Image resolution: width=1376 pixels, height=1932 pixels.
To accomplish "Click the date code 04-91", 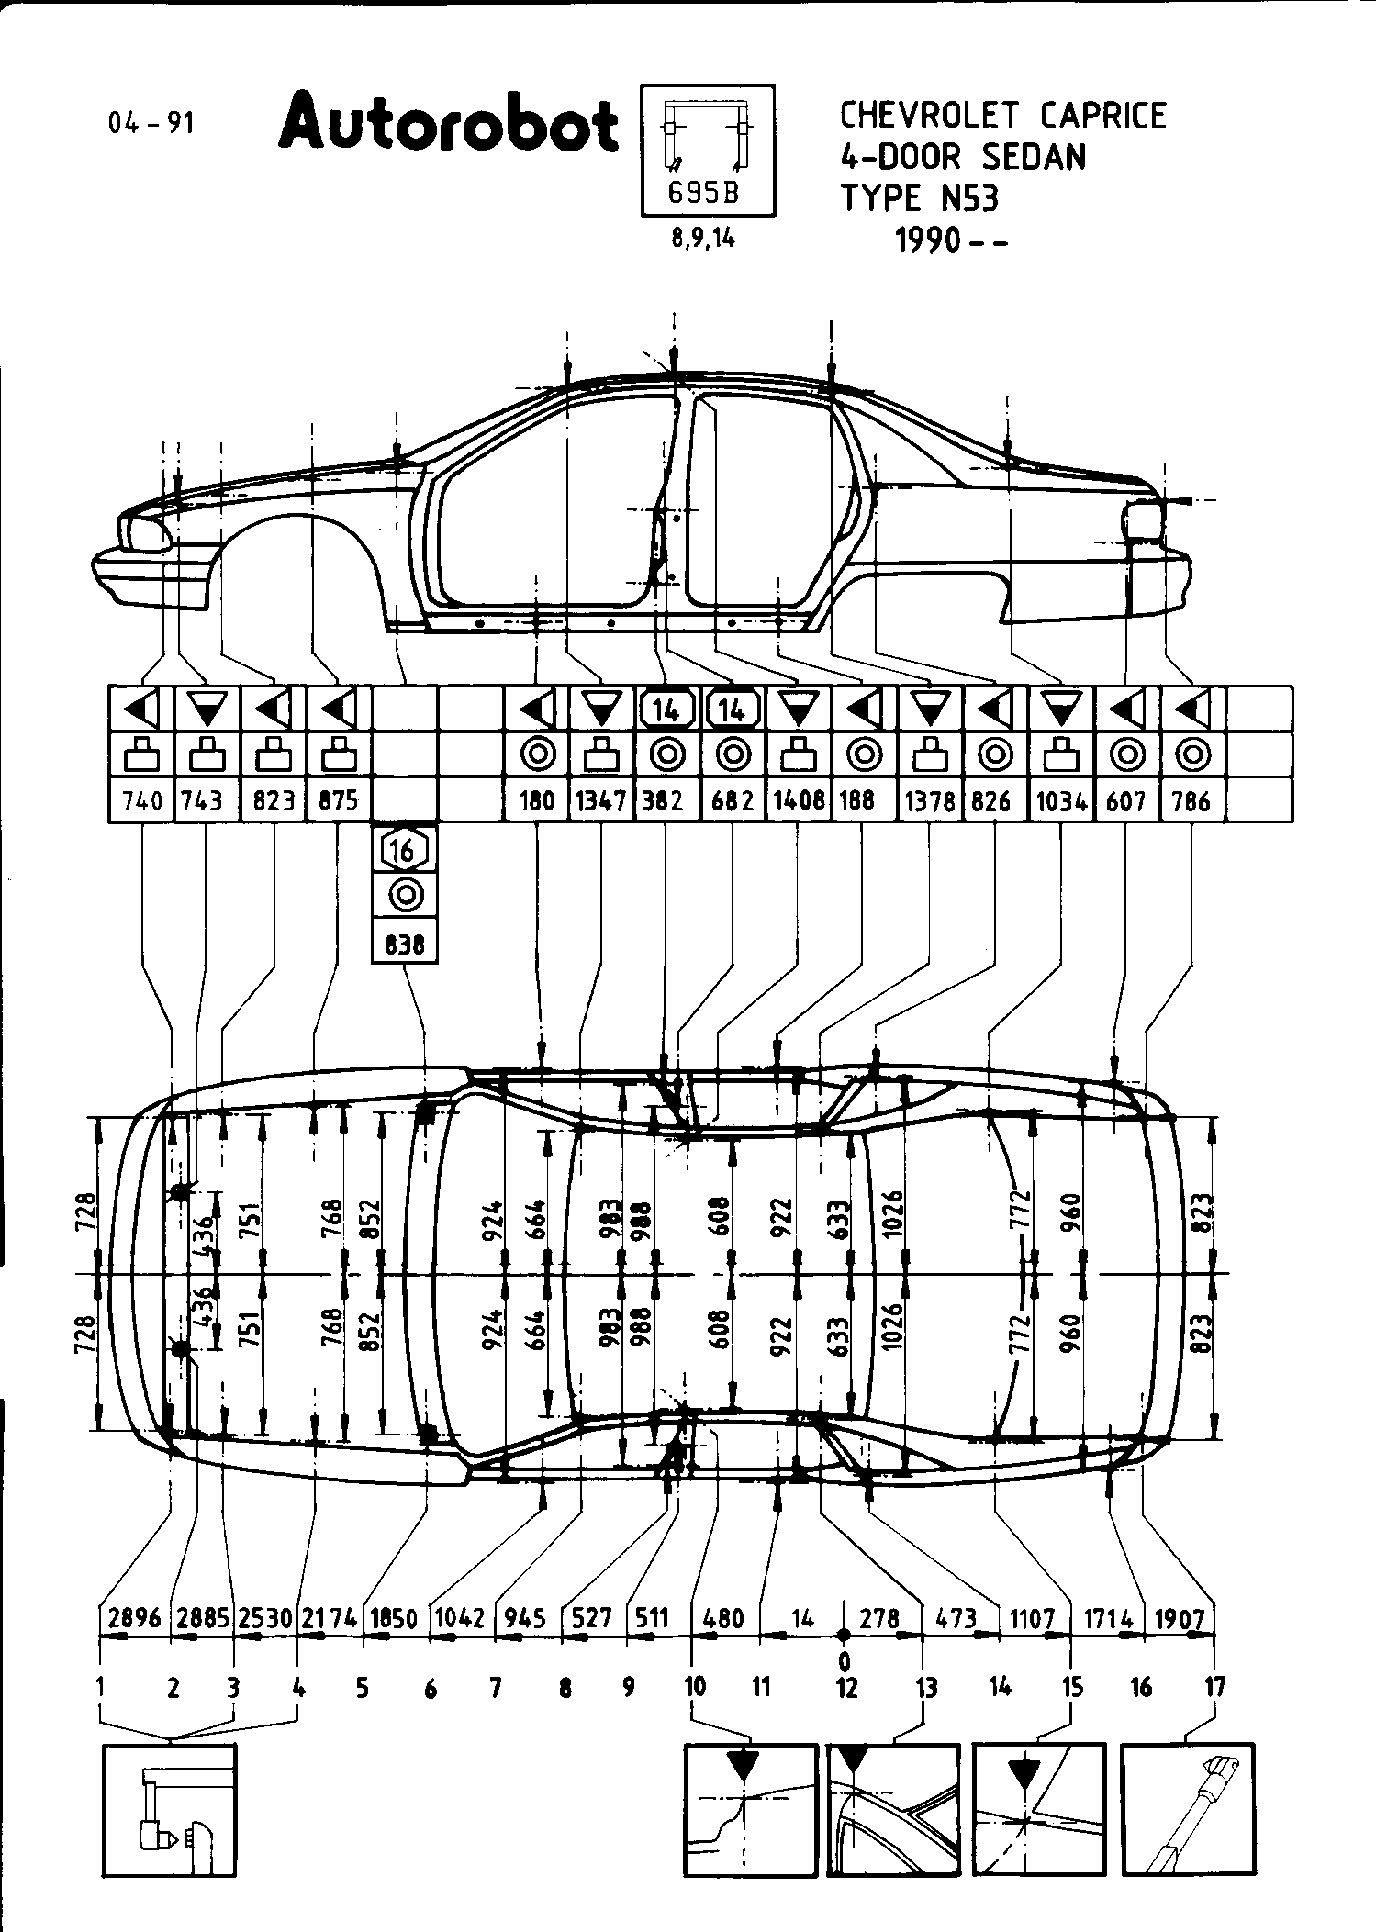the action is [151, 123].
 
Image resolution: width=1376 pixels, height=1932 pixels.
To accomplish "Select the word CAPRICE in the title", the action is [1103, 117].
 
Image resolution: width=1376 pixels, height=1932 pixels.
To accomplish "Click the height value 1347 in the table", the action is [601, 801].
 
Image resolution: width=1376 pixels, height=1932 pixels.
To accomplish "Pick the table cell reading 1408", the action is [799, 801].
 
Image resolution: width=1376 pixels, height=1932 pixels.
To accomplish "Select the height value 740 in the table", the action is [141, 801].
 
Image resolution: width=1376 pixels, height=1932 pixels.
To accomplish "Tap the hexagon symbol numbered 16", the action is [404, 850].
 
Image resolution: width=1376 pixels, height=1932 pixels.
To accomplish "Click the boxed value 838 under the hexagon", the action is [404, 944].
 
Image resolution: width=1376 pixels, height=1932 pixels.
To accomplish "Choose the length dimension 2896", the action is [134, 1618].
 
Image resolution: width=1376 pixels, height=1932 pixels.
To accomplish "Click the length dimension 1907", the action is [1180, 1618].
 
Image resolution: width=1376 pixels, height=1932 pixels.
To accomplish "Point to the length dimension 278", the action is [879, 1618].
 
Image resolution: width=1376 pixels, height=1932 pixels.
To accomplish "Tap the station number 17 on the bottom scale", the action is [1214, 1686].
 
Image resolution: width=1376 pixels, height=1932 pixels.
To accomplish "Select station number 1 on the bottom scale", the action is [99, 1686].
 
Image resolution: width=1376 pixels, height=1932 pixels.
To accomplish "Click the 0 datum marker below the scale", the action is [844, 1660].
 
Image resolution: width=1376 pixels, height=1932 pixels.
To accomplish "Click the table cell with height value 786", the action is [1192, 801].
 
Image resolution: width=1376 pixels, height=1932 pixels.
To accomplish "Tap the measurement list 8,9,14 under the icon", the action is [703, 240].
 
